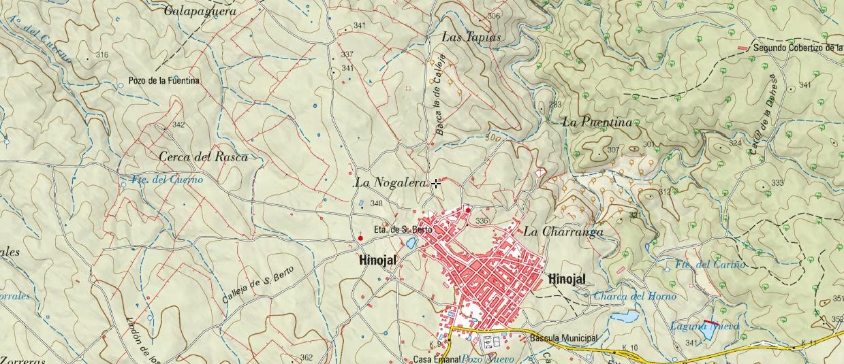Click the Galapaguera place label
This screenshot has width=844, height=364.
click(200, 10)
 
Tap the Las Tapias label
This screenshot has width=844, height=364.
click(471, 37)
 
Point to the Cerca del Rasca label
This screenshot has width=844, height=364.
click(203, 156)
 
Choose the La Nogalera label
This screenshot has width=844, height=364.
click(390, 182)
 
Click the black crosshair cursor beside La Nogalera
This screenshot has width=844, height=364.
click(435, 182)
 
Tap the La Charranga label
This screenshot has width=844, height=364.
click(563, 231)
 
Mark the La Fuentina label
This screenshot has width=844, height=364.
click(597, 122)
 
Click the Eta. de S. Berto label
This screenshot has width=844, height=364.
click(403, 229)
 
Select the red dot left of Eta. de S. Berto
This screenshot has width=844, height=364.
click(360, 237)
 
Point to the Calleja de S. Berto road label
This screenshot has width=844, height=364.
click(258, 284)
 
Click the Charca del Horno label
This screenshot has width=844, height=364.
click(635, 296)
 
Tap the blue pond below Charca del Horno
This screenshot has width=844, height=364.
click(624, 316)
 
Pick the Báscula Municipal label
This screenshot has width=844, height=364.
click(563, 338)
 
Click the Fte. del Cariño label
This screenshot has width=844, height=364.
click(710, 264)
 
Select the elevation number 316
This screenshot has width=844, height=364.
click(102, 54)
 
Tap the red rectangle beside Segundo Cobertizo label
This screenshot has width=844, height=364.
click(742, 48)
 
